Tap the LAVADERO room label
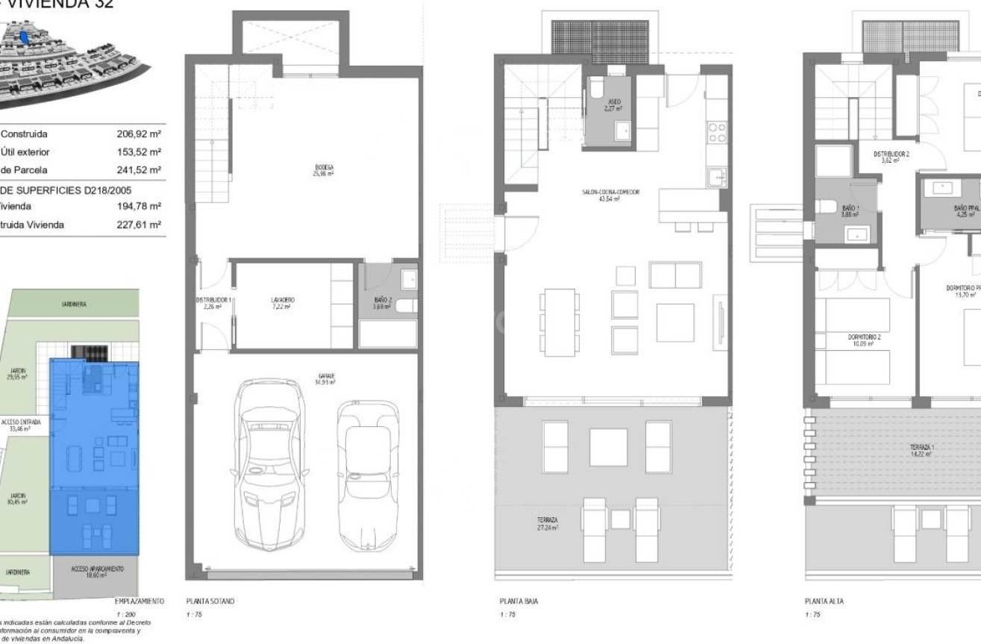tap(283, 302)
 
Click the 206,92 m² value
tap(139, 134)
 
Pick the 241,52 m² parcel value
tap(139, 170)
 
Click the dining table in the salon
tap(560, 322)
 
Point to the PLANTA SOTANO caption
tap(210, 601)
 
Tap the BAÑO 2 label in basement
tap(383, 302)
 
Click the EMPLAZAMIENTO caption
tap(139, 601)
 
